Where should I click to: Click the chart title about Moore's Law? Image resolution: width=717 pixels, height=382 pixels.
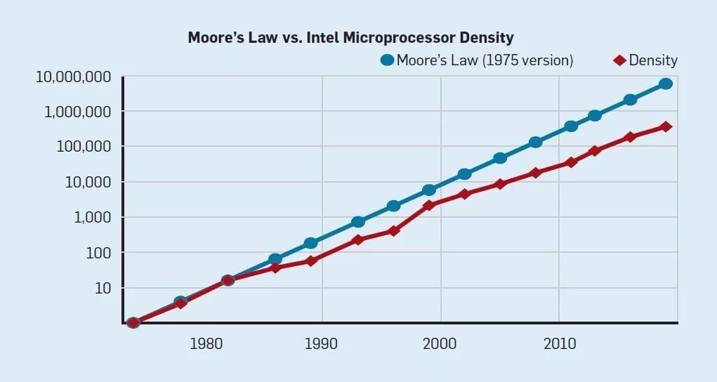click(350, 38)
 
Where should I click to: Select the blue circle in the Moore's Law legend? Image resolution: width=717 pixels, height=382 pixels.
click(387, 60)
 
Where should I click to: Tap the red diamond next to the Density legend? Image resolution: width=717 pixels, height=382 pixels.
click(619, 60)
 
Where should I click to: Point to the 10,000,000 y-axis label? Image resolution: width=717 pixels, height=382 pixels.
click(73, 77)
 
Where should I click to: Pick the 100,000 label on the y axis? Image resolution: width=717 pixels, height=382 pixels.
click(84, 147)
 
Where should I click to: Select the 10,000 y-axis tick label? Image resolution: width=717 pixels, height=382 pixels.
click(88, 182)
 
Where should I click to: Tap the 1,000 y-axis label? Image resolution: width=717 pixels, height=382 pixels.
click(93, 218)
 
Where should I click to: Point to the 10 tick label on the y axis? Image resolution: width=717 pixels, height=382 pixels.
click(104, 289)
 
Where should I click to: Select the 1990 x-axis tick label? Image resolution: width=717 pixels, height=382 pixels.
click(323, 344)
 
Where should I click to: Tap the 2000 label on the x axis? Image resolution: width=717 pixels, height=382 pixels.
click(441, 344)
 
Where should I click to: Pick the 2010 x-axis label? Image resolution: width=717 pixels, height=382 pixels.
click(559, 344)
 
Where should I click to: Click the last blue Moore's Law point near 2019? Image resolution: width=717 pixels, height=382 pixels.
click(666, 84)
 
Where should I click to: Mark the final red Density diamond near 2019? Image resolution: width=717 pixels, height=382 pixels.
click(666, 127)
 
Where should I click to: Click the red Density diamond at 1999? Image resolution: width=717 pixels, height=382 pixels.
click(429, 205)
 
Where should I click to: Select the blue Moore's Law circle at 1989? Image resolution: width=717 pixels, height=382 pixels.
click(310, 243)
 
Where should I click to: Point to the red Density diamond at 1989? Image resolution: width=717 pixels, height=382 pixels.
click(310, 261)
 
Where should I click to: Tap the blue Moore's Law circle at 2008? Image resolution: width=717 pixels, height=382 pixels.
click(535, 142)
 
